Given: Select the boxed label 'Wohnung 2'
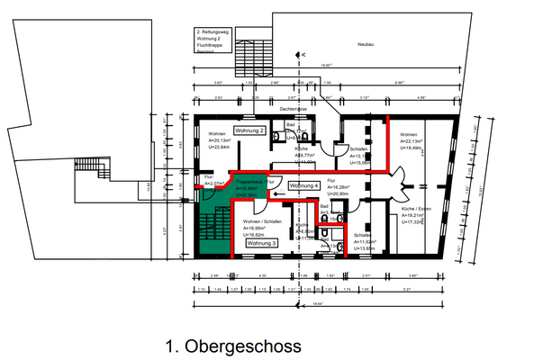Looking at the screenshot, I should pos(249,131).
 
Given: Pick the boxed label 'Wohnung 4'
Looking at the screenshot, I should pos(304,184).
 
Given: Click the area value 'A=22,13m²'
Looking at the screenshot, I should pos(414,141).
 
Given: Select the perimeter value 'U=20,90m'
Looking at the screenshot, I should pos(339,194).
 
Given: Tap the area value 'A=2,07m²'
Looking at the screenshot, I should pos(213,183).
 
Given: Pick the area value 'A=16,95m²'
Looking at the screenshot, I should pos(257,228).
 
